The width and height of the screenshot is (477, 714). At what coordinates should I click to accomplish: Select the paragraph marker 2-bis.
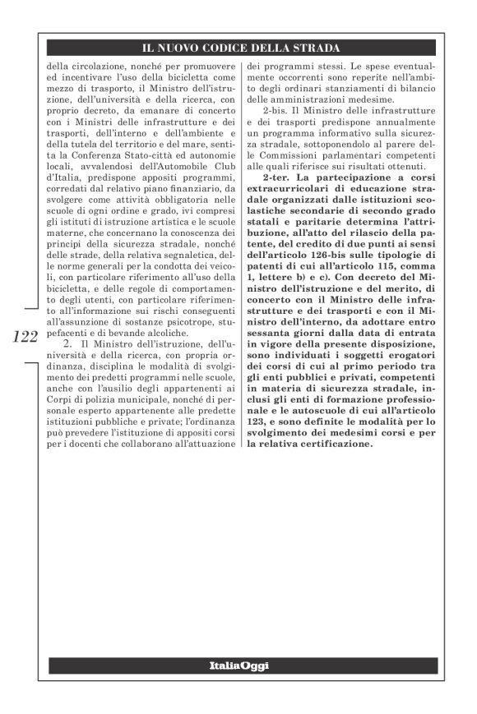click(276, 108)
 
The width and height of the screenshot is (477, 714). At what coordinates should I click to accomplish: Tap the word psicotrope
click(196, 326)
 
